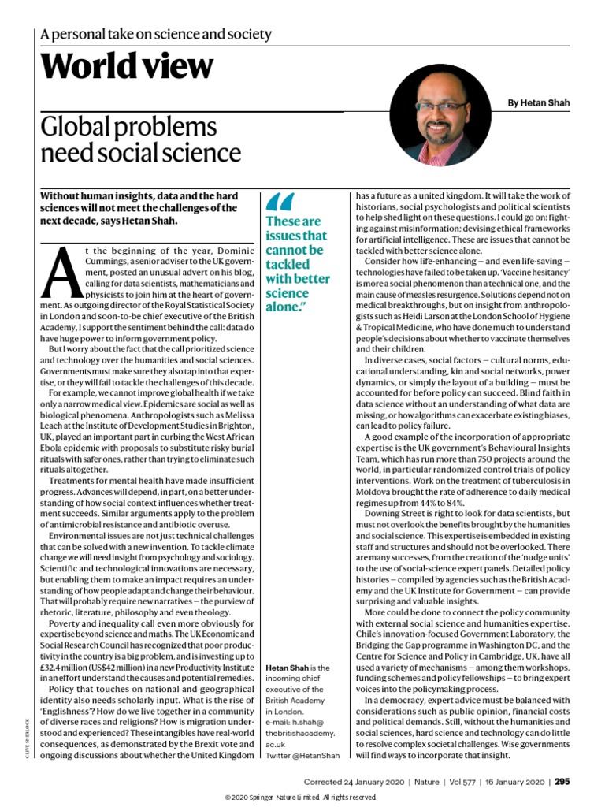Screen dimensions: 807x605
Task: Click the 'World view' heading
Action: (x=127, y=67)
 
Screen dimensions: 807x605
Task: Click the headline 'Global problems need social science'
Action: (x=141, y=139)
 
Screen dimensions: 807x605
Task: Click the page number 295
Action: (x=562, y=782)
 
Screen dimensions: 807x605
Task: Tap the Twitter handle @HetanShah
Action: (x=302, y=756)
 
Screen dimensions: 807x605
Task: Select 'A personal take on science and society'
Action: (x=156, y=35)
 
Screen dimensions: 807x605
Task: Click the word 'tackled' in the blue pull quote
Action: (x=289, y=264)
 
